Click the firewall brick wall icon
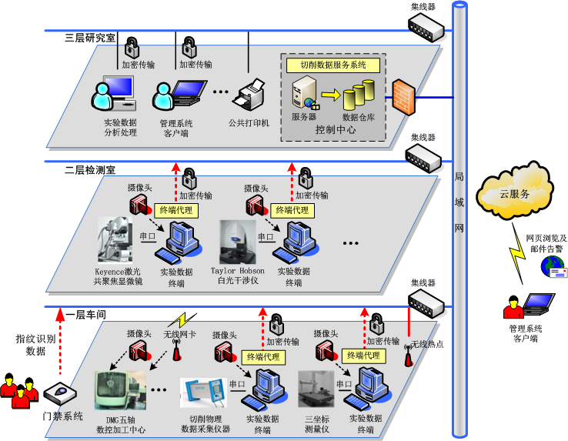403,98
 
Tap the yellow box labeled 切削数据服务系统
332,65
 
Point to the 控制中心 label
335,130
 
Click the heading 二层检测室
90,168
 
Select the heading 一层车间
85,314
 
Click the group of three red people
18,387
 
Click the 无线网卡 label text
179,335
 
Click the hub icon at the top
426,28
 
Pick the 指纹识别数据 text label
31,344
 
